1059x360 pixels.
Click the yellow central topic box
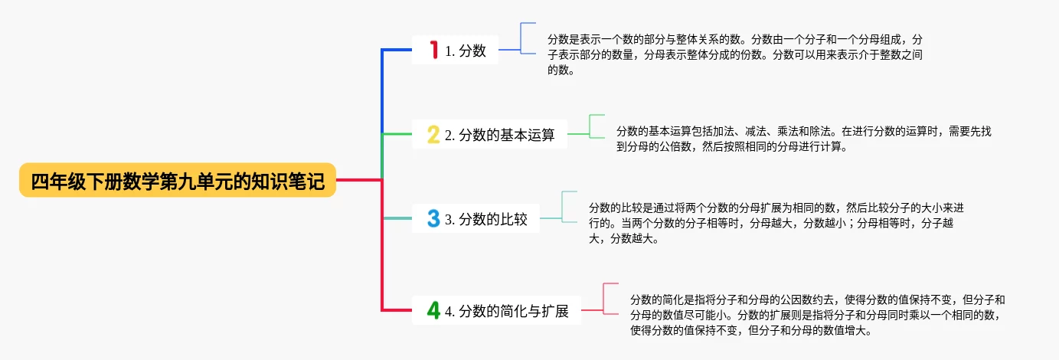tap(178, 181)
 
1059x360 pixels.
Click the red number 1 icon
tap(433, 51)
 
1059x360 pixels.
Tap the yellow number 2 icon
tap(433, 136)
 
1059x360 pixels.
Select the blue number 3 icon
tap(433, 219)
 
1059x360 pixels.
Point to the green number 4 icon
tap(433, 311)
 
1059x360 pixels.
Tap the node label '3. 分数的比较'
tap(486, 219)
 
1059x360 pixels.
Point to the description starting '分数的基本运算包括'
tap(804, 139)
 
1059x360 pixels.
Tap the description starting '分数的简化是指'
tap(817, 316)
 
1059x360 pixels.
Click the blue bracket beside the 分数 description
tap(522, 38)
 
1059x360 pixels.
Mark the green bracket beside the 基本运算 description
tap(591, 126)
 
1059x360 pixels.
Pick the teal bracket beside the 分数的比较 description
tap(564, 207)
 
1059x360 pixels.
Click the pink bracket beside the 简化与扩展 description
tap(605, 299)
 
